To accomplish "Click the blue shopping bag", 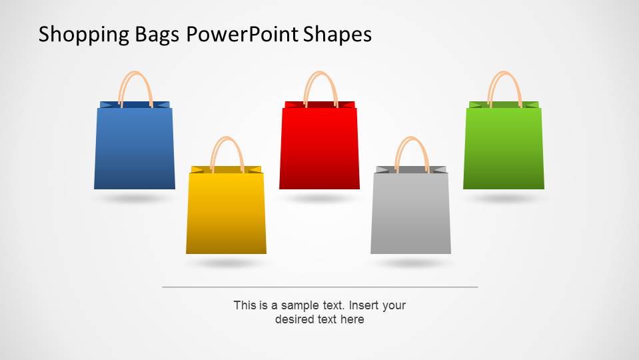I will (135, 148).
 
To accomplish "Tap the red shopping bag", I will (319, 148).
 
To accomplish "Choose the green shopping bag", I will (504, 148).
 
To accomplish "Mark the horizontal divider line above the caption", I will (320, 287).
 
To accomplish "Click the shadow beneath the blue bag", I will (134, 199).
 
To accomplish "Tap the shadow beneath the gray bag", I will (410, 263).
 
